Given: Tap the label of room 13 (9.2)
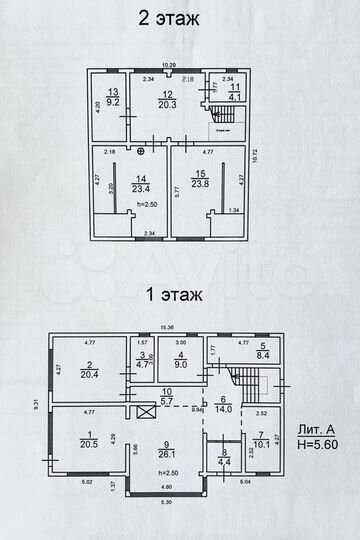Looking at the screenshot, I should [113, 96].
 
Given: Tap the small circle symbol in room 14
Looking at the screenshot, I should [142, 152].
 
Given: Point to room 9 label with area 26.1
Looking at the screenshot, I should [169, 450].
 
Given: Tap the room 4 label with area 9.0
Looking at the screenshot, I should [181, 361].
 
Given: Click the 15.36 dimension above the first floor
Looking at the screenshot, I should [168, 326].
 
